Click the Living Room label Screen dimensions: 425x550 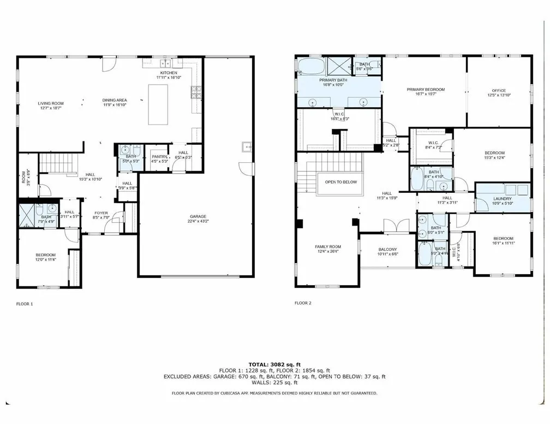(51, 103)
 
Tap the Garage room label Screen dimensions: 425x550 (199, 216)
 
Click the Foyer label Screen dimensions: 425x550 (101, 213)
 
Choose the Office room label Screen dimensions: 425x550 (499, 91)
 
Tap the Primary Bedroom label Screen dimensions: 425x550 (426, 90)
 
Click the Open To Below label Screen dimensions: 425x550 (340, 182)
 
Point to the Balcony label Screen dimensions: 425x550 (388, 249)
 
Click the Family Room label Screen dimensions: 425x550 (327, 247)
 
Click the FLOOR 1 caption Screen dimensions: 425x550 (26, 303)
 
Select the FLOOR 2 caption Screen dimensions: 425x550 (303, 303)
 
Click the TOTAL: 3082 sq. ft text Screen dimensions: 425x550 (274, 364)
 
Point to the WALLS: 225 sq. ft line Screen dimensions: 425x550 (274, 382)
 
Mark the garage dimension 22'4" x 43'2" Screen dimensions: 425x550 (199, 221)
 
